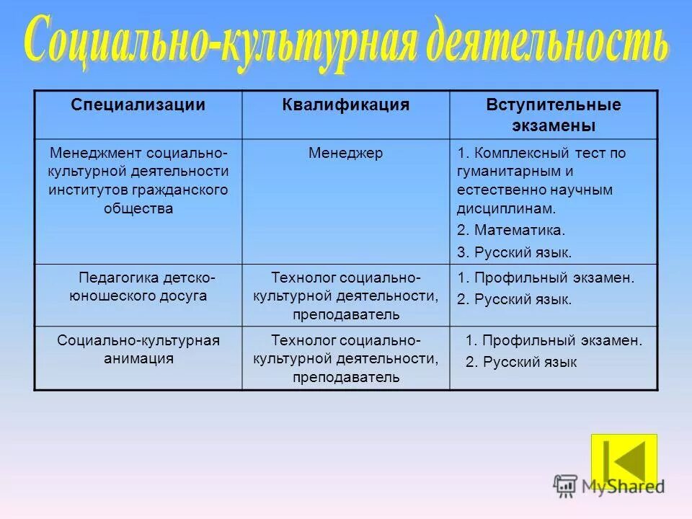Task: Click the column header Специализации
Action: (x=138, y=105)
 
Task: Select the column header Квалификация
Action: (x=345, y=105)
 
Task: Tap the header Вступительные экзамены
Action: (x=553, y=115)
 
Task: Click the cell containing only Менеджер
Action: (x=345, y=153)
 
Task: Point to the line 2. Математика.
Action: (x=511, y=231)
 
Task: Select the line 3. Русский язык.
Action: (x=514, y=252)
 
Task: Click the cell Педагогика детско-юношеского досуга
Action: (x=138, y=286)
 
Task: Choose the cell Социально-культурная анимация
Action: (x=138, y=349)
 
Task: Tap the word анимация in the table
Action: (x=138, y=358)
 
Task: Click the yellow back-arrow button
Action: (x=624, y=458)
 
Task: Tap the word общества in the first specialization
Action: (x=138, y=209)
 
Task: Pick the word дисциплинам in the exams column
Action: (x=506, y=209)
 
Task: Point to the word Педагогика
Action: (x=115, y=277)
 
